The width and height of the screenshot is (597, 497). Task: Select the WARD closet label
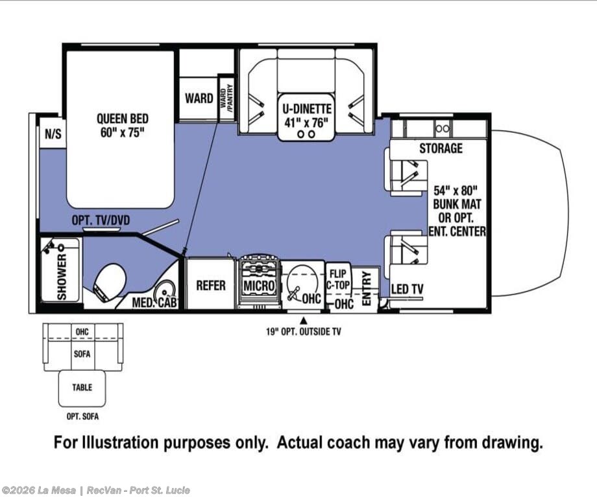click(199, 98)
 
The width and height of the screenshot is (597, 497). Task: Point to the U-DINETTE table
click(306, 117)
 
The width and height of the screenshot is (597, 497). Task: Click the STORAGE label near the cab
click(441, 148)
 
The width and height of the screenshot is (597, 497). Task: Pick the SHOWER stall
click(61, 270)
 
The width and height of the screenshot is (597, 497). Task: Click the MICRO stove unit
click(259, 284)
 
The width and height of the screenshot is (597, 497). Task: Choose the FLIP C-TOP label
click(337, 279)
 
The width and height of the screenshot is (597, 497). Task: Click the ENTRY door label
click(366, 288)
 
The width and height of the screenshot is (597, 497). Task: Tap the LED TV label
click(407, 289)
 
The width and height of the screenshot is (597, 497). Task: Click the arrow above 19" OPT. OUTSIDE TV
click(304, 320)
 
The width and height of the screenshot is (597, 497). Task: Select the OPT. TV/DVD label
click(101, 220)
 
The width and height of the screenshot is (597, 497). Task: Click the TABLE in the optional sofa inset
click(82, 388)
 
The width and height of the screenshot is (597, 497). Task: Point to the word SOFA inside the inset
click(82, 354)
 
